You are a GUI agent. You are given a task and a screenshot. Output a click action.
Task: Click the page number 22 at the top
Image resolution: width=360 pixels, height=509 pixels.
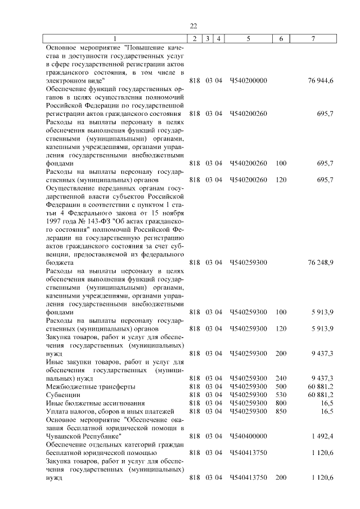pos(193,26)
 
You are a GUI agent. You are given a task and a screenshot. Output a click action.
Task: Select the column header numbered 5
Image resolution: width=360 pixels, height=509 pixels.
pos(248,38)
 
